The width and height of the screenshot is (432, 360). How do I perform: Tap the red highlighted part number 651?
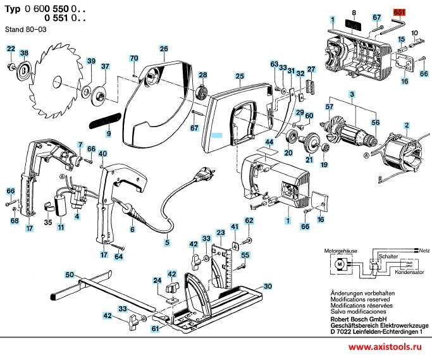400,12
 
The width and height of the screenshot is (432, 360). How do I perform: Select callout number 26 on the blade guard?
163,49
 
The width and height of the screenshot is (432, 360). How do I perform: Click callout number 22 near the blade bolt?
11,49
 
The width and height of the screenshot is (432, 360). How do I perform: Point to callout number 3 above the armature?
351,94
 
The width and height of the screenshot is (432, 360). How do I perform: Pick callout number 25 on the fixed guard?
240,77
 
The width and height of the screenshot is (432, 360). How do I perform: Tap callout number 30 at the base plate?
268,286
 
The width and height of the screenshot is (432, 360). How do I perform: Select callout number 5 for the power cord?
167,242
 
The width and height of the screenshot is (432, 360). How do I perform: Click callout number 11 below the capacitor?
61,227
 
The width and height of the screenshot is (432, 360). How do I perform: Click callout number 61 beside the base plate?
155,329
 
